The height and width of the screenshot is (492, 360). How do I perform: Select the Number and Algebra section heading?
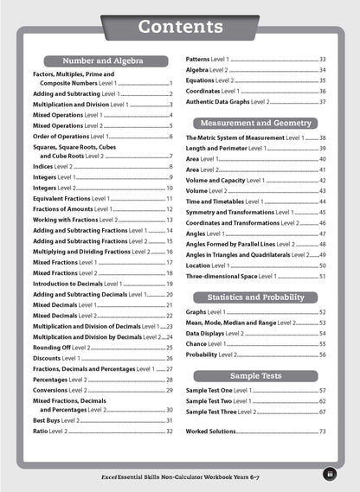click(102, 61)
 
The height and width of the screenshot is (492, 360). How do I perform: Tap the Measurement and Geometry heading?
click(256, 123)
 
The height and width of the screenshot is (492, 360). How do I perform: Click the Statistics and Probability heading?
click(256, 297)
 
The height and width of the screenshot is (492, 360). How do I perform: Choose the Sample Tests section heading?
click(256, 376)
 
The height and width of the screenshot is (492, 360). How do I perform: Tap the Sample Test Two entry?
click(225, 401)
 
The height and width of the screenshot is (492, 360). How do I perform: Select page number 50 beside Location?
click(322, 265)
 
